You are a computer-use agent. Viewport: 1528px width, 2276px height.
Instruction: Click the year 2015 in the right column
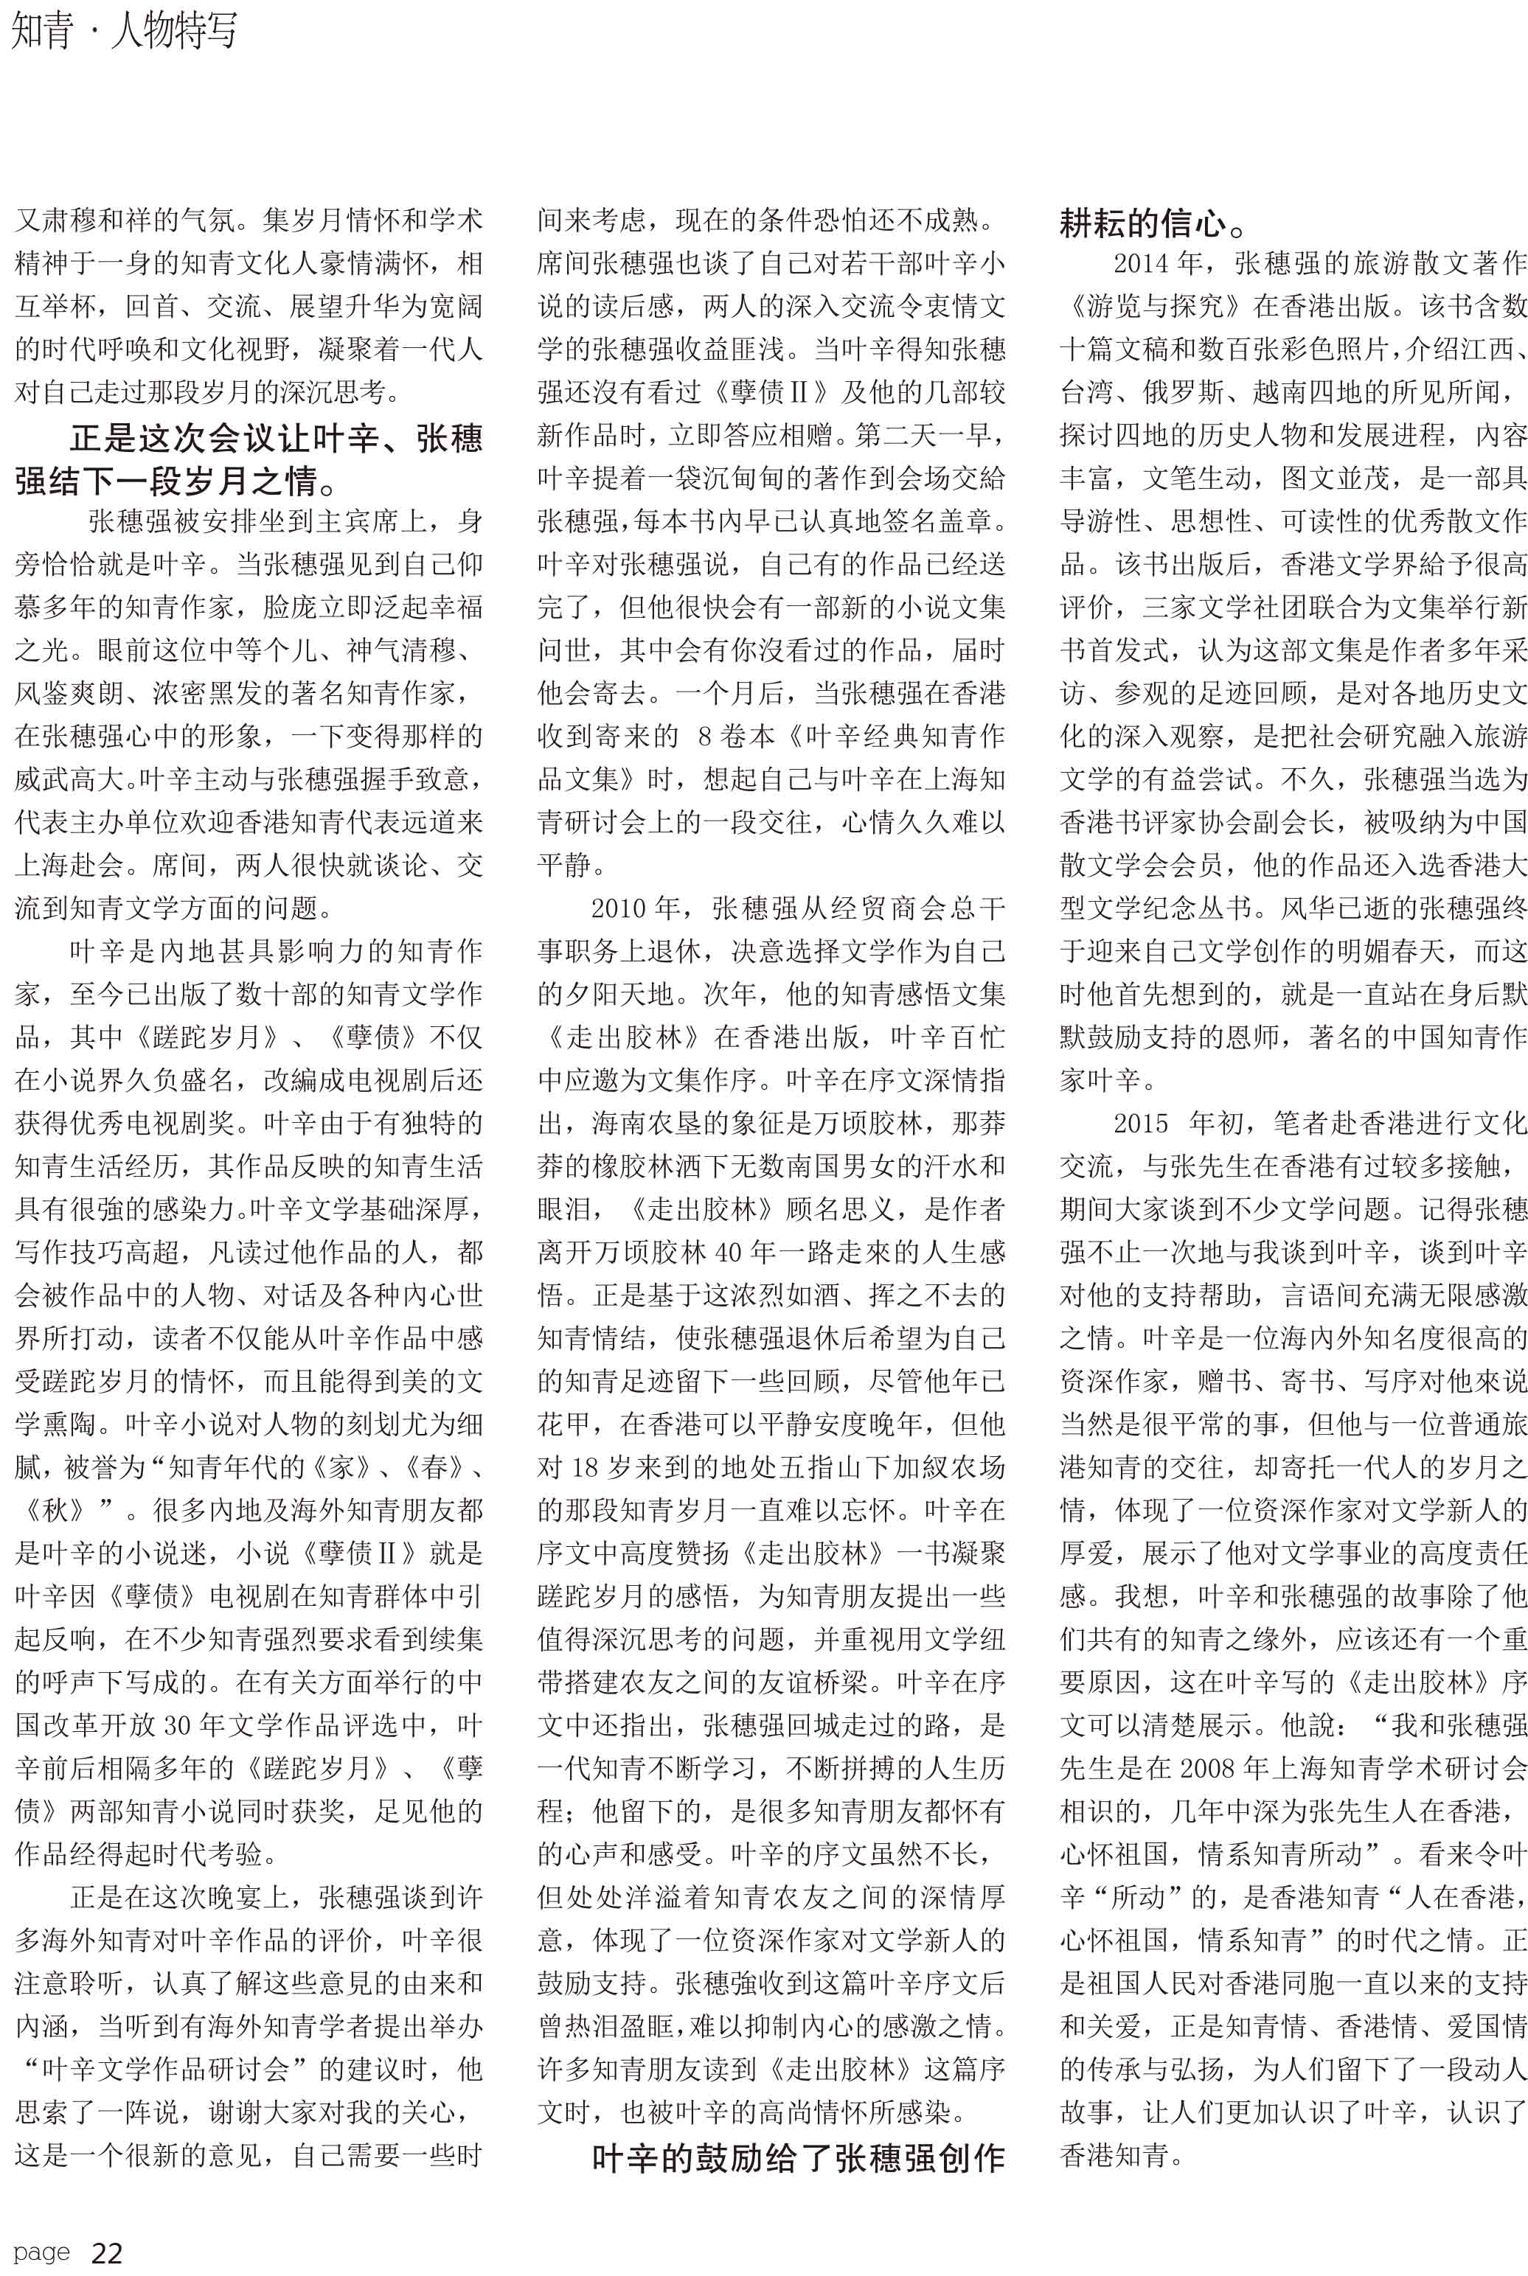[1141, 1124]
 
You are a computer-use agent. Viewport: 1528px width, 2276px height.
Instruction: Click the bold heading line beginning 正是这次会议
[276, 439]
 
